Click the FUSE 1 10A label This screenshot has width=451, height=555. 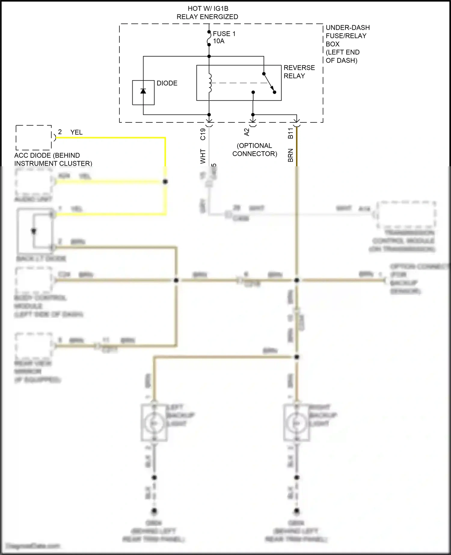224,37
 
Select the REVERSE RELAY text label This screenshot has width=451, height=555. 299,72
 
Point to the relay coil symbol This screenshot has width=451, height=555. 210,83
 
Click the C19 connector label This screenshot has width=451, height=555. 203,134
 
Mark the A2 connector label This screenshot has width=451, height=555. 247,132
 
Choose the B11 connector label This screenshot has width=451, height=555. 290,133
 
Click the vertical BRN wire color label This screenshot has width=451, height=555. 290,155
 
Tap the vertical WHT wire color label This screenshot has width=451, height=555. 203,156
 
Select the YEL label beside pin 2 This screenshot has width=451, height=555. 76,132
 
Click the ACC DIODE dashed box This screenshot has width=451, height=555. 33,138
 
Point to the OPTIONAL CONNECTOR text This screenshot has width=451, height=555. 254,150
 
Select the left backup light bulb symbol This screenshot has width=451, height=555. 154,423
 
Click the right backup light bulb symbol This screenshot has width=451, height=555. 296,423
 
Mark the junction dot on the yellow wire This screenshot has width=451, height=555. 165,182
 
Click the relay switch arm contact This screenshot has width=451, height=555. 269,83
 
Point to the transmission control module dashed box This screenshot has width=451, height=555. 406,215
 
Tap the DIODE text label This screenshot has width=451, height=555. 167,83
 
